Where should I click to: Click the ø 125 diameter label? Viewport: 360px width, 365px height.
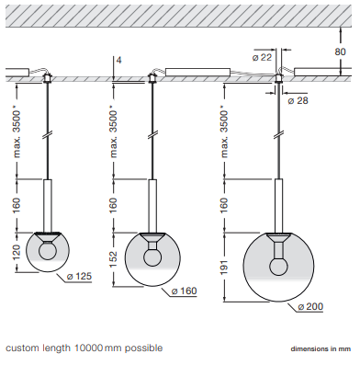tap(79, 276)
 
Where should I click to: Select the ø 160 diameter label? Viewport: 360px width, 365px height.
tap(185, 291)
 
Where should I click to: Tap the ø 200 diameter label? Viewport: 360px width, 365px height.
tap(310, 306)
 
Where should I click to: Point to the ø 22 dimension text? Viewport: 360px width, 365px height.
tap(262, 57)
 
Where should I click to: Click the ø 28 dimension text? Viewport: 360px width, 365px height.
tap(298, 100)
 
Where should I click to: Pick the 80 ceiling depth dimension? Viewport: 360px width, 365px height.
tap(340, 51)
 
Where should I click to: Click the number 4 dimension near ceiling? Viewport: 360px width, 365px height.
tap(118, 60)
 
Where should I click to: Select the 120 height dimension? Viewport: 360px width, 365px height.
tap(17, 252)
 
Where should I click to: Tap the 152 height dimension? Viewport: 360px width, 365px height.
tap(113, 259)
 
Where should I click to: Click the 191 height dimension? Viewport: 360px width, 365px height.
tap(224, 267)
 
